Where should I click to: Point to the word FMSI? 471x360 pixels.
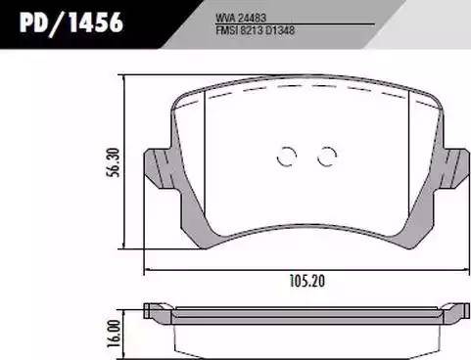[x=225, y=29]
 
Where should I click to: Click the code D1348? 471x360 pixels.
[x=278, y=29]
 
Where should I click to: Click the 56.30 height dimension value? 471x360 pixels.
[x=115, y=163]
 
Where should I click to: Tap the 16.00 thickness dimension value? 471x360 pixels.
[x=115, y=333]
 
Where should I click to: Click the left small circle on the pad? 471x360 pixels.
[x=287, y=154]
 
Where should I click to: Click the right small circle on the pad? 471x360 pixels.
[x=326, y=154]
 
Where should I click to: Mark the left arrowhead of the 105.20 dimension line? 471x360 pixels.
[x=147, y=270]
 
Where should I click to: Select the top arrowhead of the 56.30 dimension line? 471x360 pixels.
[x=125, y=79]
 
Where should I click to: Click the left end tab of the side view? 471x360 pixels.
[x=153, y=312]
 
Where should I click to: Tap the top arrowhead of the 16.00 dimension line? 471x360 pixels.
[x=125, y=307]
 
